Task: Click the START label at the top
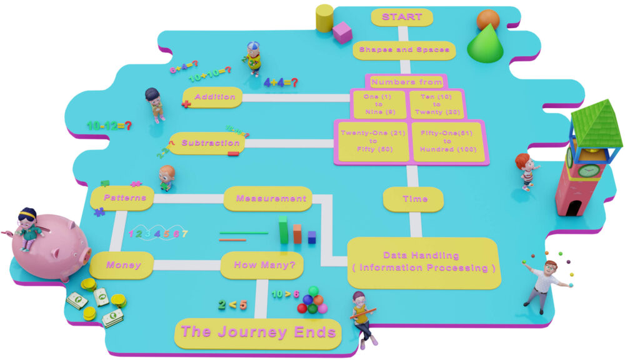401,17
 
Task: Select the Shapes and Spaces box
404,50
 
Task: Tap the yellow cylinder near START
324,18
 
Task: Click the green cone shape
485,46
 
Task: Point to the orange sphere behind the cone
487,19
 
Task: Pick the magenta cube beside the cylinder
342,32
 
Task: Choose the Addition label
214,97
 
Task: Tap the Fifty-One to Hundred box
447,142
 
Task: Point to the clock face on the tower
587,171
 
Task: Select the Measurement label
271,199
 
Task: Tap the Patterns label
124,197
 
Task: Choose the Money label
122,265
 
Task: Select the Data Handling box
424,262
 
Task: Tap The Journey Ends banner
258,332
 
